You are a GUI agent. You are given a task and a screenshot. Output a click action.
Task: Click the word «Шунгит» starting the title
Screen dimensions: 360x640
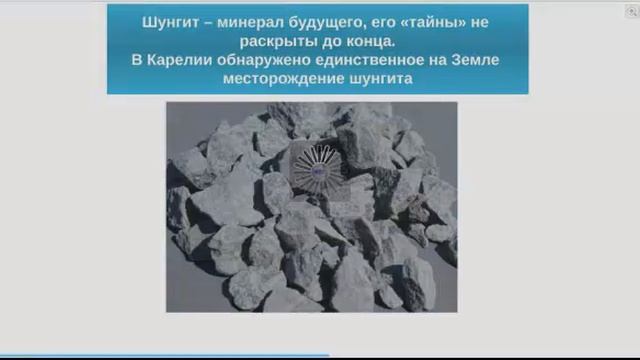[171, 21]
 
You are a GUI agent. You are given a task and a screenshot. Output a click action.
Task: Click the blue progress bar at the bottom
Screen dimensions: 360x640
[164, 355]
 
